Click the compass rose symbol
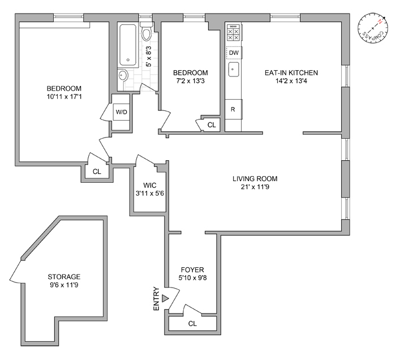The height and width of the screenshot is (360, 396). click(x=373, y=28)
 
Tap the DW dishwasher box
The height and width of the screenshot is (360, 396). click(x=234, y=53)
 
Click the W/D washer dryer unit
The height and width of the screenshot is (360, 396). click(x=122, y=112)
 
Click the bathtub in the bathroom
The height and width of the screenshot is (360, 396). click(x=128, y=45)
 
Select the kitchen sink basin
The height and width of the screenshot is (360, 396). click(x=233, y=70)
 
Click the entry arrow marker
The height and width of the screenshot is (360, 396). click(x=165, y=298)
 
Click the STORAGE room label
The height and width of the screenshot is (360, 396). click(x=64, y=277)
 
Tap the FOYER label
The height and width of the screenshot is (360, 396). click(x=192, y=269)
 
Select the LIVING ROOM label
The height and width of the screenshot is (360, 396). click(x=255, y=179)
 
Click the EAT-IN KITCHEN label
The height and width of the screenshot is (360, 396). click(x=291, y=72)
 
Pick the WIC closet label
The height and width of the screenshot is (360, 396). click(x=149, y=185)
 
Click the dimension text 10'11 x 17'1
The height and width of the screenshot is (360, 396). click(x=64, y=97)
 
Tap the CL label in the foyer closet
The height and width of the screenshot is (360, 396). click(x=192, y=324)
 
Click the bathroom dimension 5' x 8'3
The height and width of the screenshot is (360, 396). click(x=149, y=57)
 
